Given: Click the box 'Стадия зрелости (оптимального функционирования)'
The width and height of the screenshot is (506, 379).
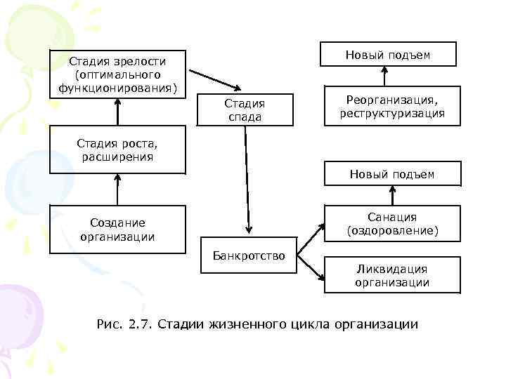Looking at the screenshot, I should tap(117, 74).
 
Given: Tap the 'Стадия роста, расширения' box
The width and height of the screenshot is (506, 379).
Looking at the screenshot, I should tap(117, 149).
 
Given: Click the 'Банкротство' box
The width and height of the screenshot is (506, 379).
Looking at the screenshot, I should tap(248, 256).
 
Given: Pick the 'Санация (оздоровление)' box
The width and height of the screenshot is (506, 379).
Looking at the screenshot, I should tap(392, 223).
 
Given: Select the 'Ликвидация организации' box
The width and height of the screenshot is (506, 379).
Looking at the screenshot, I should tap(392, 275).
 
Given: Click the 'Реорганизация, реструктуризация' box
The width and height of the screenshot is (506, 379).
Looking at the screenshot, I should tap(392, 106).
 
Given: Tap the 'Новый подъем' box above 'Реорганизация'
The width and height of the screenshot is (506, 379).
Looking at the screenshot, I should tap(388, 55).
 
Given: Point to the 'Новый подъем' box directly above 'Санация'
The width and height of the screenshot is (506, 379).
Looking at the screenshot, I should tap(392, 174).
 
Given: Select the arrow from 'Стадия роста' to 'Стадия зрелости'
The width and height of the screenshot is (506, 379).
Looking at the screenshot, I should tap(117, 112).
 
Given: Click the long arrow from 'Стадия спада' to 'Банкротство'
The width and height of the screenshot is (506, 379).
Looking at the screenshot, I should tap(247, 179).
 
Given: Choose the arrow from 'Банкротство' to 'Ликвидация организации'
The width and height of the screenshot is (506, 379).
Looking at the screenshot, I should tap(310, 270).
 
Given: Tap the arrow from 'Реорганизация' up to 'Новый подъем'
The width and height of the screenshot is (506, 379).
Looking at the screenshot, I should tap(385, 76).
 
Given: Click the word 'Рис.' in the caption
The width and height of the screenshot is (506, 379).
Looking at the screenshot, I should tap(108, 324).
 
